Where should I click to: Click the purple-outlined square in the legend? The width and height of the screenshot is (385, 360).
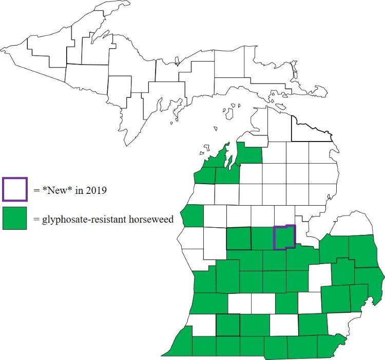click(14, 189)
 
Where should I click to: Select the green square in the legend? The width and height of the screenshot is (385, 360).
click(14, 218)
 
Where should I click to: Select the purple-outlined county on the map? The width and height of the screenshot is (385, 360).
click(284, 237)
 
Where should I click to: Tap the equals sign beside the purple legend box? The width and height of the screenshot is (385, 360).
click(36, 191)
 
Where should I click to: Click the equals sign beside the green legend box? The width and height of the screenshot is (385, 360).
click(36, 219)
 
